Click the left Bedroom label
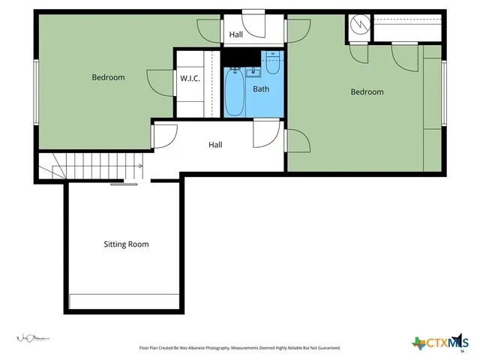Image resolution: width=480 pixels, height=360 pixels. click(108, 77)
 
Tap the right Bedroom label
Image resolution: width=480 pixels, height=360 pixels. click(367, 92)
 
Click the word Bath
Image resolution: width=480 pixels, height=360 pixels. click(260, 89)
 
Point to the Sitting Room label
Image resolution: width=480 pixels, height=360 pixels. click(126, 244)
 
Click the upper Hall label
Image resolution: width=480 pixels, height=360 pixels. click(236, 34)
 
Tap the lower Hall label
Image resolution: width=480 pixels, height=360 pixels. click(215, 145)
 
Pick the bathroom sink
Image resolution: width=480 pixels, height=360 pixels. click(253, 71)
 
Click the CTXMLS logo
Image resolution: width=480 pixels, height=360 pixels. click(439, 343)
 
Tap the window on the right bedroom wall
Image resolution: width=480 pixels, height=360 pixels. click(444, 94)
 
